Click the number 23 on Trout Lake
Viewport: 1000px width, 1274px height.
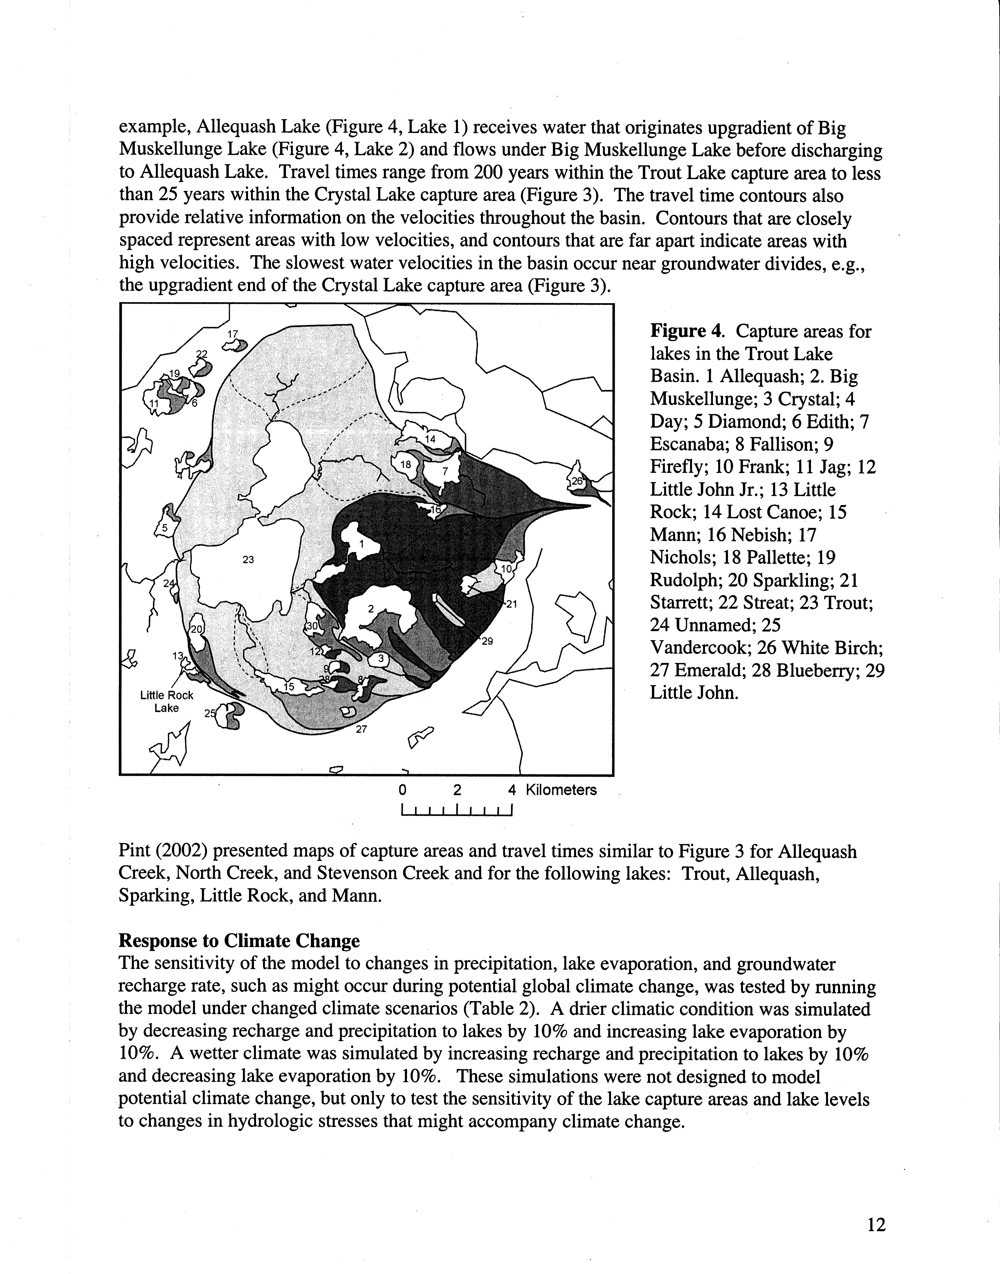(248, 559)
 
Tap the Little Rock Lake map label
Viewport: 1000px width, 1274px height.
(166, 701)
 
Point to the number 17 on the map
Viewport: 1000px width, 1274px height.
(233, 334)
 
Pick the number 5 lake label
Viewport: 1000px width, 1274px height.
(165, 527)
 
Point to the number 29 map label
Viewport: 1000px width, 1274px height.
(487, 641)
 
